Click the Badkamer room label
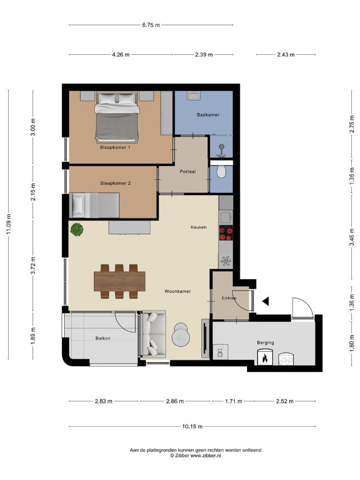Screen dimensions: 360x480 pos(208,115)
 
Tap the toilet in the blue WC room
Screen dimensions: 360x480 pos(221,171)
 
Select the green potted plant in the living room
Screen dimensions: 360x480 pos(76,230)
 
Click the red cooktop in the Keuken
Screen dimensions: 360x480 pos(226,233)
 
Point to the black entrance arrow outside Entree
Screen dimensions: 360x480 pos(266,301)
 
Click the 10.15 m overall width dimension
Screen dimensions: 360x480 pos(192,426)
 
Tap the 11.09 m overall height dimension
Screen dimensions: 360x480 pos(9,224)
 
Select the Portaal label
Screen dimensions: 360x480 pos(188,172)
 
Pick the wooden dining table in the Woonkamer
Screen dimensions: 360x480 pos(120,281)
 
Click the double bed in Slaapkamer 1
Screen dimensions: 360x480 pos(117,117)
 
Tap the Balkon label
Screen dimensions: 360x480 pos(103,338)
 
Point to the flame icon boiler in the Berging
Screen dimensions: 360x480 pos(265,357)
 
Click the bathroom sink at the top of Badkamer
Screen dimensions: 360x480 pos(194,96)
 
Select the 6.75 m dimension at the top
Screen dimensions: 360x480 pos(151,25)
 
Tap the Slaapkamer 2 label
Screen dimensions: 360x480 pos(115,183)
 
